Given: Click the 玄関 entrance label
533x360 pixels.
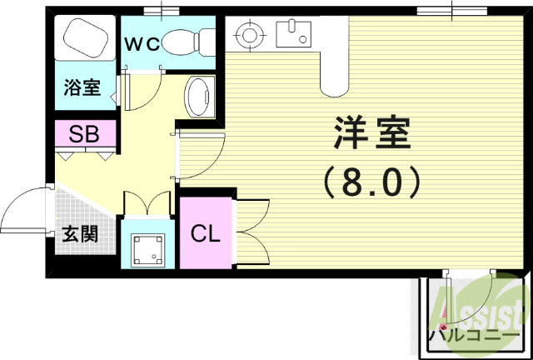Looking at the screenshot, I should (78, 233).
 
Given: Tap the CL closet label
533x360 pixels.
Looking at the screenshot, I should (206, 233).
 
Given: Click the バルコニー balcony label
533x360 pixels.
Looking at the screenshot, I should (471, 337).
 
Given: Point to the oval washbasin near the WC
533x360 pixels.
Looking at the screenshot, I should (199, 97).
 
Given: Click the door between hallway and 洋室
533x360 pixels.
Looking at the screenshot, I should (200, 153).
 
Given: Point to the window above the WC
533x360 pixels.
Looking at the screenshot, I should (162, 11).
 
